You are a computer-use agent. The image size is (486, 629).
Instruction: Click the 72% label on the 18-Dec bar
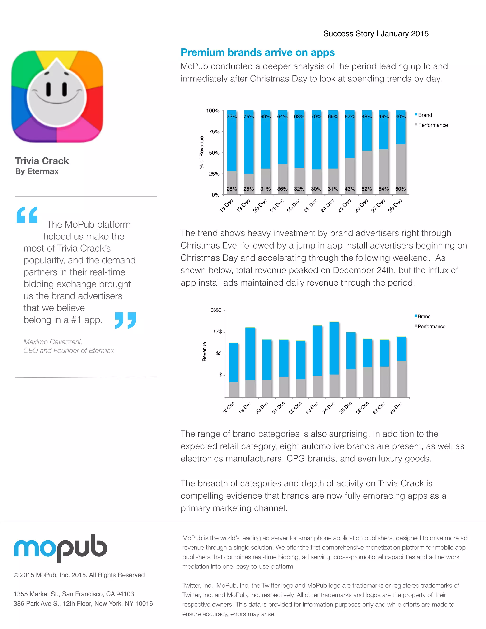(x=231, y=117)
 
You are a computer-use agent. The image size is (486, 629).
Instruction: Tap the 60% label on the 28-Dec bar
(x=400, y=189)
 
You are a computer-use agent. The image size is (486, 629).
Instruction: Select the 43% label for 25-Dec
(x=350, y=189)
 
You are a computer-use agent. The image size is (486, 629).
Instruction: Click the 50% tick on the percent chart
(x=214, y=153)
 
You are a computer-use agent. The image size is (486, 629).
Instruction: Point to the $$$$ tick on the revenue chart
(x=216, y=310)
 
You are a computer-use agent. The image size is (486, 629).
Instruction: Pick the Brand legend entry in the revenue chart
(x=424, y=316)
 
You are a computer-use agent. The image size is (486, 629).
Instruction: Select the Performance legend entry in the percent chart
(x=432, y=125)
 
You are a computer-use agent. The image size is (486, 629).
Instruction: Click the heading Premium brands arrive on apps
(x=257, y=52)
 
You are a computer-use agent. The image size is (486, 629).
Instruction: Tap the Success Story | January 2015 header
(x=376, y=34)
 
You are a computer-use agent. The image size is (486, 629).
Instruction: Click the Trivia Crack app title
(x=42, y=161)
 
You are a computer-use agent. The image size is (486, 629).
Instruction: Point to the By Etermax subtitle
(x=37, y=171)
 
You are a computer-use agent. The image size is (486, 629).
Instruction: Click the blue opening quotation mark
(x=27, y=215)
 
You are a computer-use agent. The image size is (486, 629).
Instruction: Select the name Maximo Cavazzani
(x=53, y=342)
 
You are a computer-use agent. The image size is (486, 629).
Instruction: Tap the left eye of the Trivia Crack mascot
(x=49, y=89)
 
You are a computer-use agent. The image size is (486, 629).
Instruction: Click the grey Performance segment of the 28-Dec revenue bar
(x=401, y=379)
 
